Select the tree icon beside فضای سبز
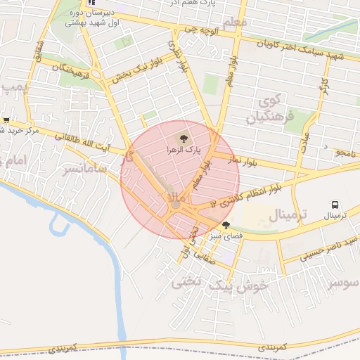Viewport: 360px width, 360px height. coord(226,226)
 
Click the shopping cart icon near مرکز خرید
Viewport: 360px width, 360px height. coord(6,120)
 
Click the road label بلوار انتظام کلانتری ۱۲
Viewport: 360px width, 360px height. coord(255,193)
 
